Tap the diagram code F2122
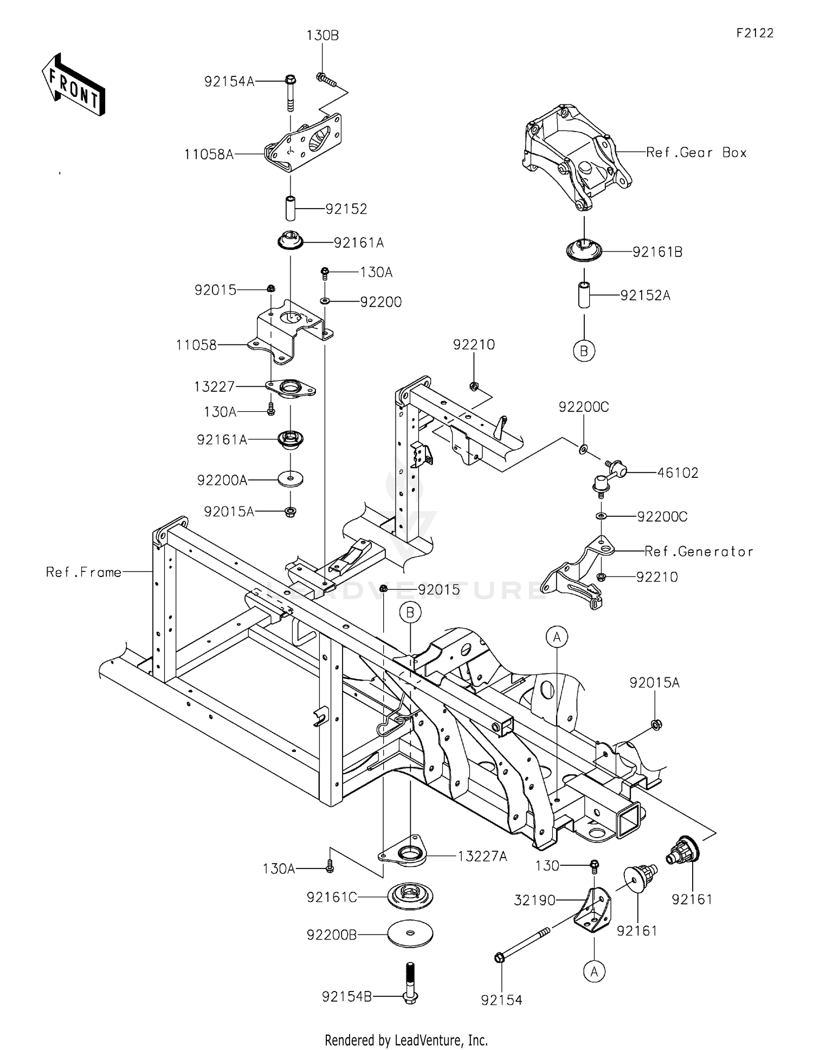point(754,33)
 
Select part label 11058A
point(209,154)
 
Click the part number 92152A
point(645,295)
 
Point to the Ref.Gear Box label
point(696,153)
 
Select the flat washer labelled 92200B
point(410,934)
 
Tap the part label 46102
point(677,472)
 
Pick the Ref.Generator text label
point(699,552)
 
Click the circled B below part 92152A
point(584,351)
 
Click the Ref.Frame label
point(83,572)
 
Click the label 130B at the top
point(322,36)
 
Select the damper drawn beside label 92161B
point(584,251)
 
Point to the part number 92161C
point(332,897)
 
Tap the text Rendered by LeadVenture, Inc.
point(406,1040)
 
